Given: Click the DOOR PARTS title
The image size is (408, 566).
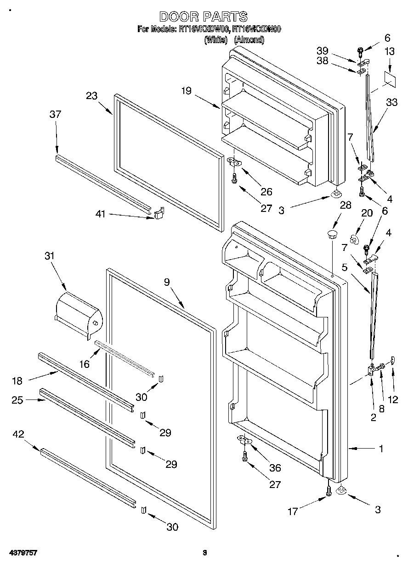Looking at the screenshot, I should [x=203, y=17].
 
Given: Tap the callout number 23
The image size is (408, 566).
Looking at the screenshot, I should [x=92, y=96].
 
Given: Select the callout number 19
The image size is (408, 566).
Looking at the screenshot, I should [x=186, y=91].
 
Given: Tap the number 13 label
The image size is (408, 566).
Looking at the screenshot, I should [x=389, y=52].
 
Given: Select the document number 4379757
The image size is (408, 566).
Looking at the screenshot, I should [x=22, y=553].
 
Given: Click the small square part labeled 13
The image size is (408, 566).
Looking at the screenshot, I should [x=389, y=78].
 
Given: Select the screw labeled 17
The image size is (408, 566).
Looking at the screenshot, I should [x=329, y=489].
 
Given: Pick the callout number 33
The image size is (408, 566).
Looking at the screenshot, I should [x=392, y=103].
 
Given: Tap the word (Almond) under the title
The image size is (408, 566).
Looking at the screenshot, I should [x=249, y=40].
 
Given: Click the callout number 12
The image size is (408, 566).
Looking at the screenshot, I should [x=393, y=399].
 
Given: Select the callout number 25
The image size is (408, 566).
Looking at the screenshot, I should [x=18, y=400].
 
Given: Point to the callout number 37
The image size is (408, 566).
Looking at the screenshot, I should [x=55, y=114].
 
